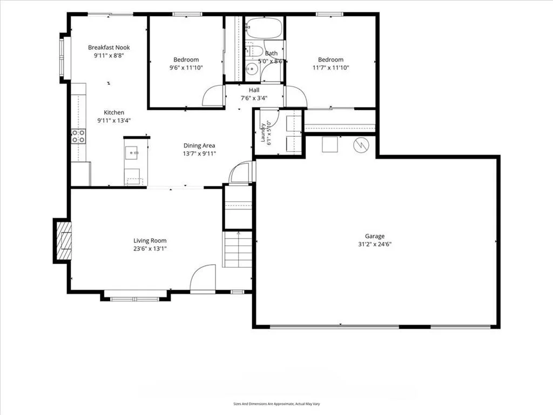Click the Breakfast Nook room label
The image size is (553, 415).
coord(109,48)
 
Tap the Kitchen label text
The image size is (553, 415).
coord(114,112)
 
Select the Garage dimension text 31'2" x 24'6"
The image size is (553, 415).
coord(375,244)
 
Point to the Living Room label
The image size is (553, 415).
coord(150,240)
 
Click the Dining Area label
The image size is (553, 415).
coord(199,145)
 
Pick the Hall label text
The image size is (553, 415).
coord(254,90)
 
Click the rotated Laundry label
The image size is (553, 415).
coord(263,133)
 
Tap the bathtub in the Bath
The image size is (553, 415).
coord(264,28)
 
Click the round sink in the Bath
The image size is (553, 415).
coord(252,69)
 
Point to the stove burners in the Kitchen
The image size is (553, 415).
coord(78,136)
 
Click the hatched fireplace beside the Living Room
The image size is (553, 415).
coord(64,240)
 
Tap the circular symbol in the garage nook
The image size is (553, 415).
coord(361,144)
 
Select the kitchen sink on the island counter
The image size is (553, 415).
coord(134,153)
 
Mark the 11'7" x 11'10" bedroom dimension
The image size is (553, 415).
coord(331,68)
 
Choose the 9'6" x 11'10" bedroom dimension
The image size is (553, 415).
coord(186,68)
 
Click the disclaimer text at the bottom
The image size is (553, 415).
coord(276,404)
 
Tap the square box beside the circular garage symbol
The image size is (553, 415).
coord(330,144)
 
